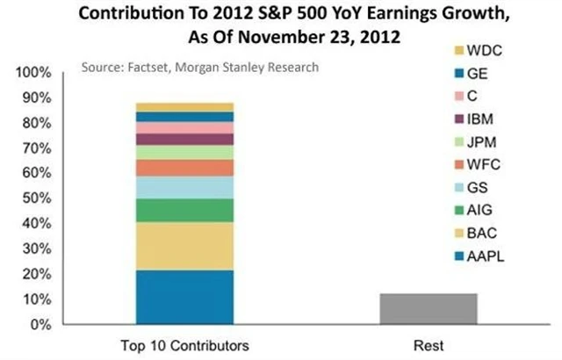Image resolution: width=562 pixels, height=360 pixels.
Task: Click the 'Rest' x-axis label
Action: coord(428,345)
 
